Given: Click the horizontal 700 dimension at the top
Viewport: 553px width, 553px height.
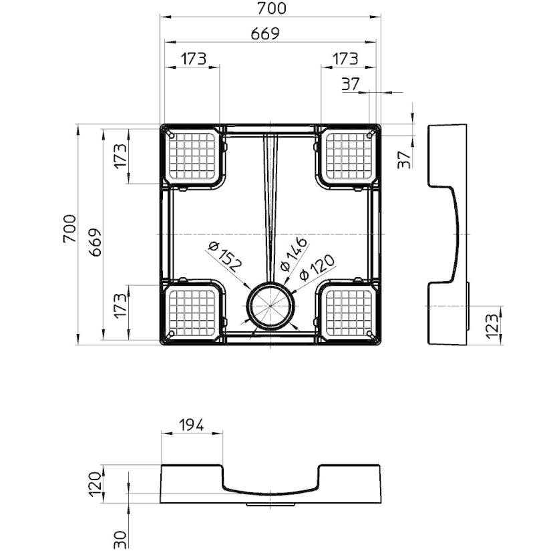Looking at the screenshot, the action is click(x=271, y=9).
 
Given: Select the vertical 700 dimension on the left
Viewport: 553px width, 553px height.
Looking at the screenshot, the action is click(x=69, y=228).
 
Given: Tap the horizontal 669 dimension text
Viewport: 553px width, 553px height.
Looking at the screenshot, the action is click(x=265, y=34).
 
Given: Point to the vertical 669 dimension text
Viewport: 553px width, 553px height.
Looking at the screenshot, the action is click(x=95, y=242).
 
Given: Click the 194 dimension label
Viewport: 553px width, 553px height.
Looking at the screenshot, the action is click(x=192, y=425).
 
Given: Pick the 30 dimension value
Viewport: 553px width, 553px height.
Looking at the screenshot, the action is click(x=120, y=540).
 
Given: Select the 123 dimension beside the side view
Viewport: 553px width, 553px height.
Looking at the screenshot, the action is click(x=492, y=326).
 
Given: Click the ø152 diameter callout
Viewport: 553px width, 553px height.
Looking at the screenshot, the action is click(x=224, y=256).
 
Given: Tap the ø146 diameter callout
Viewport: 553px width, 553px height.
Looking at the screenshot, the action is click(x=293, y=254).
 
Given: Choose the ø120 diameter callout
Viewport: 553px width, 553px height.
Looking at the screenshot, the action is click(x=317, y=268).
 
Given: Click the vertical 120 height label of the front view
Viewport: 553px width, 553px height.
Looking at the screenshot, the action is click(x=95, y=485).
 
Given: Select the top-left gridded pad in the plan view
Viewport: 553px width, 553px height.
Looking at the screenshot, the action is click(x=192, y=156).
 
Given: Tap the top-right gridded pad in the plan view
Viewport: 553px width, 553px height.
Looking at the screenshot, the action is click(x=349, y=156).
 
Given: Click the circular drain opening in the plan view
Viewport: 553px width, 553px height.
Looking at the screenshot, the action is click(x=270, y=305).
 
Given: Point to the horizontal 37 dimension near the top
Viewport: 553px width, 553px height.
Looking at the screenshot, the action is click(x=350, y=84).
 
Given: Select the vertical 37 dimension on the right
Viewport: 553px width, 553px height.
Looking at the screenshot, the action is click(x=404, y=160).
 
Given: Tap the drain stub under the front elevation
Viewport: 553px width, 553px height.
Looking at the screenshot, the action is click(x=270, y=505).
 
